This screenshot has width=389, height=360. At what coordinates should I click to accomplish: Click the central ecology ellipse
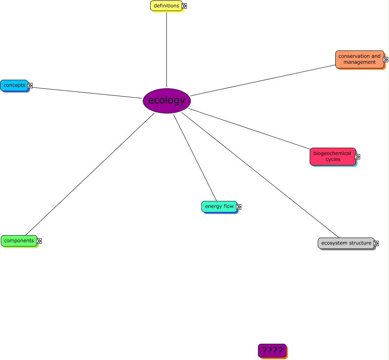click(x=167, y=100)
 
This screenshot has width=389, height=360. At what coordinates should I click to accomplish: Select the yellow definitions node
click(x=166, y=6)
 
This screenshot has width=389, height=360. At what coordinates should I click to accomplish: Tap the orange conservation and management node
click(x=359, y=59)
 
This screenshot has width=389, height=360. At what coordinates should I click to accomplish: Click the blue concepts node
click(x=14, y=85)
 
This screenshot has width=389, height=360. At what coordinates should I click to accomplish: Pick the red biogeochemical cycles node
click(x=332, y=156)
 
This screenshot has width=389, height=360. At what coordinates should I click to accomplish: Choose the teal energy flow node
click(x=219, y=206)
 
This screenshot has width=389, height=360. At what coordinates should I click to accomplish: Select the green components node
click(x=19, y=240)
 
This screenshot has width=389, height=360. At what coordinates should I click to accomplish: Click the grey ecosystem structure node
click(x=346, y=243)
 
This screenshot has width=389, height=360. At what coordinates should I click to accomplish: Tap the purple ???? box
click(x=272, y=350)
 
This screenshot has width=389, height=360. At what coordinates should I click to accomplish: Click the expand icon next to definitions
click(x=184, y=6)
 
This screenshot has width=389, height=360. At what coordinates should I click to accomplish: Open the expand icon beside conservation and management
click(x=386, y=59)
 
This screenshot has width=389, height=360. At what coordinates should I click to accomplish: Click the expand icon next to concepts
click(x=30, y=85)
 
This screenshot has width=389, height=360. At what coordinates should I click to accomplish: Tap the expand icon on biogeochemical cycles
click(x=358, y=157)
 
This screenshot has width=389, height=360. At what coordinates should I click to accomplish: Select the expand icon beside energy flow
click(x=239, y=207)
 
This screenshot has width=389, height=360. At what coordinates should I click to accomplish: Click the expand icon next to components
click(x=39, y=241)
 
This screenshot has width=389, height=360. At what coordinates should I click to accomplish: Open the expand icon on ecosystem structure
click(x=376, y=243)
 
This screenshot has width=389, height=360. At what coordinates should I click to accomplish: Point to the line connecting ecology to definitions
click(x=166, y=49)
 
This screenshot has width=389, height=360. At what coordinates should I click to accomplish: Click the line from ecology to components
click(x=90, y=174)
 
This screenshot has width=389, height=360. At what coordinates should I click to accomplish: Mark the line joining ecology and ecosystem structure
click(x=260, y=175)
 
